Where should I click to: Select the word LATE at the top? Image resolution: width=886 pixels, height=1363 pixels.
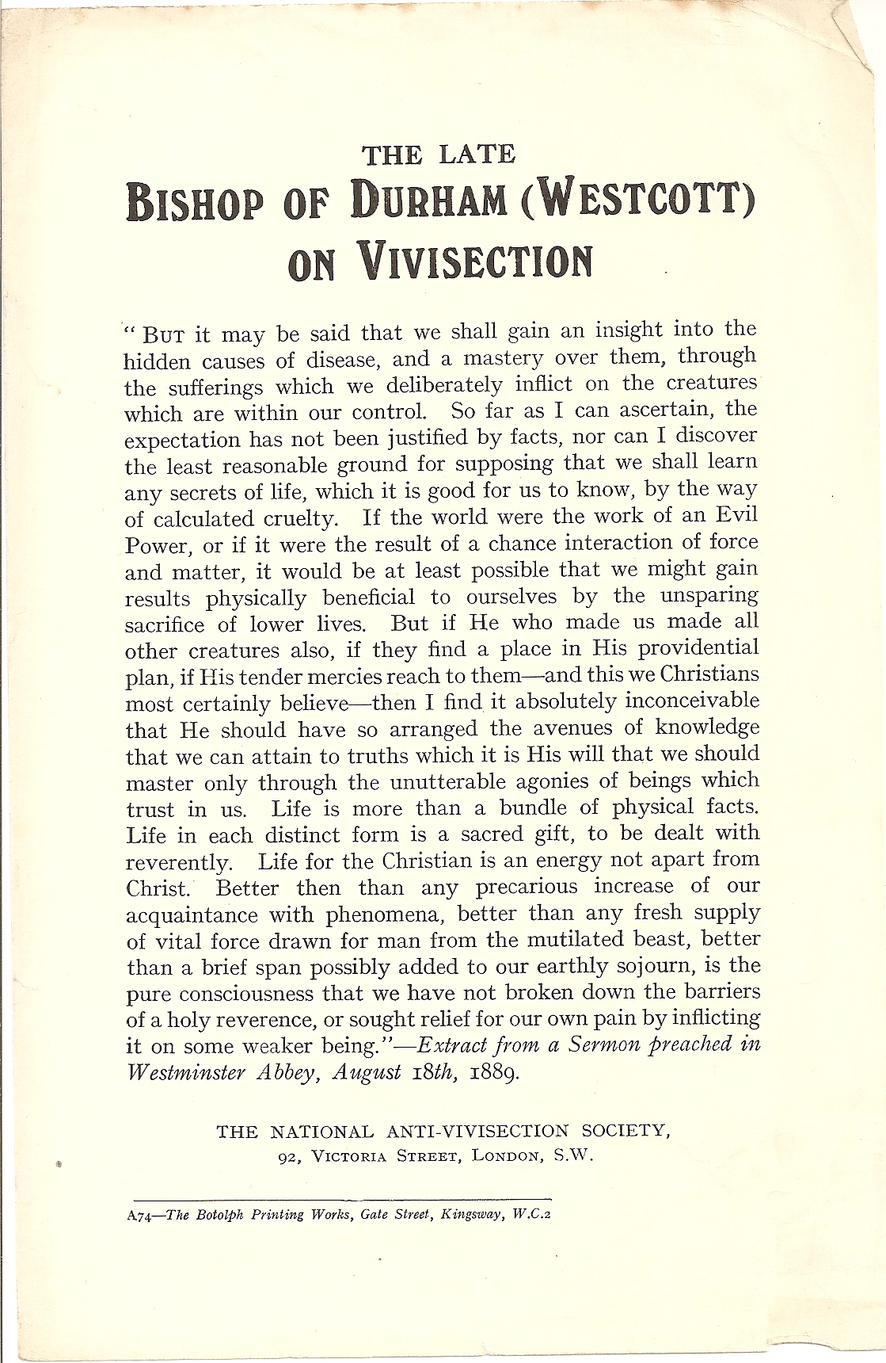(x=477, y=154)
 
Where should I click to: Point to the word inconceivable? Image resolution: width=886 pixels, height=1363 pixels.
(x=692, y=701)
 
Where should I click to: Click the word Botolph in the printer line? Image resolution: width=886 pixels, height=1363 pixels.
(x=216, y=1216)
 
